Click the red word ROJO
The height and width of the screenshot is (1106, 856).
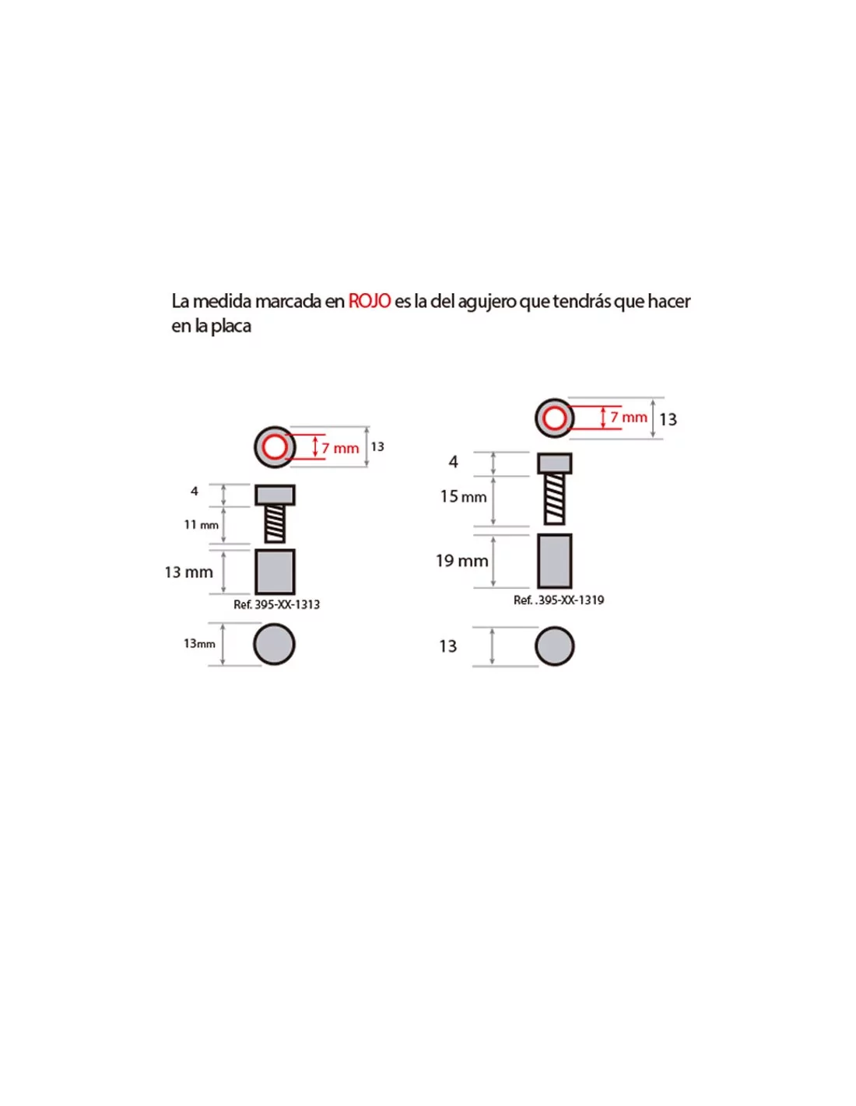[x=369, y=301]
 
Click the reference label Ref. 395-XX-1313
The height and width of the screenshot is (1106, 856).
[x=276, y=604]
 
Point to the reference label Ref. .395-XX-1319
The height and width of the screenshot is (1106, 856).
[x=559, y=600]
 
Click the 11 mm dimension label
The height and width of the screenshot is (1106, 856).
[x=201, y=524]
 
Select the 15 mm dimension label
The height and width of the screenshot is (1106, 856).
[x=463, y=496]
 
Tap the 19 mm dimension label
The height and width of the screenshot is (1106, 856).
[x=462, y=560]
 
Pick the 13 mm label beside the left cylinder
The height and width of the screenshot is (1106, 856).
[x=188, y=572]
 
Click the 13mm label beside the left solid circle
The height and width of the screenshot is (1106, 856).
[x=199, y=643]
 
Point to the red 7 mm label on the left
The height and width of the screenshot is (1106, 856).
[x=340, y=448]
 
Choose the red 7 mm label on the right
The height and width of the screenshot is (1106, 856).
[x=629, y=418]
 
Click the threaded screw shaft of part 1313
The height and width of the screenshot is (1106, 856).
[x=275, y=523]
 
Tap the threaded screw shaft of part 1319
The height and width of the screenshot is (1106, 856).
[x=555, y=499]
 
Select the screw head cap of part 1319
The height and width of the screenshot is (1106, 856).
[x=555, y=463]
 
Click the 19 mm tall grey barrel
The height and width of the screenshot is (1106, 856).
[x=555, y=561]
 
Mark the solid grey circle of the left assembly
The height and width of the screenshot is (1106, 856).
[x=275, y=644]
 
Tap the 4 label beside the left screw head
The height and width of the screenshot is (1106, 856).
[x=194, y=491]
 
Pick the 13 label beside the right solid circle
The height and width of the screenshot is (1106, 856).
[x=448, y=646]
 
